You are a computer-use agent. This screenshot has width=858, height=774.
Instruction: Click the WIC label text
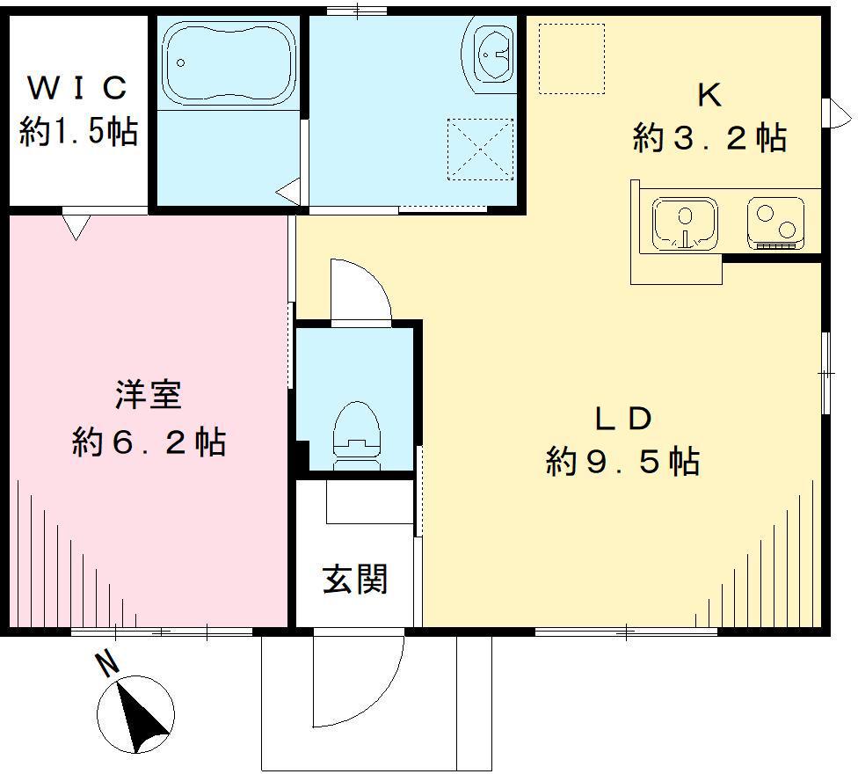(x=77, y=88)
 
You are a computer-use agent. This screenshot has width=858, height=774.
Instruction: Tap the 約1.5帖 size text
(x=78, y=131)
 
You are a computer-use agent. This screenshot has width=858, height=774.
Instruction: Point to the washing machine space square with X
(x=481, y=149)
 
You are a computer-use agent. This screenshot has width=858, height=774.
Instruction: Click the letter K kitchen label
(x=709, y=95)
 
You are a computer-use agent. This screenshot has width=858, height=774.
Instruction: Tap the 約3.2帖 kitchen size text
(x=709, y=137)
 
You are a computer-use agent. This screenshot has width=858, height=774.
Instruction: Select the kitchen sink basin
(x=685, y=223)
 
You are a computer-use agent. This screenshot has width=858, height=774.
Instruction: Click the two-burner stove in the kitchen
(x=776, y=223)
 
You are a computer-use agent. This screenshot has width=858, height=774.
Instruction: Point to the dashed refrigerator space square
(x=571, y=58)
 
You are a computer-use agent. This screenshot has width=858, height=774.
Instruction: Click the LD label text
(x=623, y=419)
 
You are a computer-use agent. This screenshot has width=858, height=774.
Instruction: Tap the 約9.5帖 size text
(x=622, y=461)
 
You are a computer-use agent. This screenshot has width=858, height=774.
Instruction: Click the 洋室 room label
(x=149, y=395)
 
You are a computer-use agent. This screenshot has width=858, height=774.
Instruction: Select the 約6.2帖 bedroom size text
(x=149, y=442)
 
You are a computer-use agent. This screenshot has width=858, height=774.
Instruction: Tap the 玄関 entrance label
(x=355, y=579)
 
